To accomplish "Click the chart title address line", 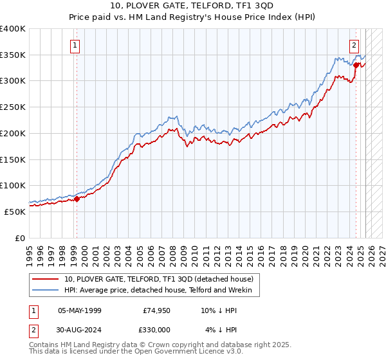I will [192, 6].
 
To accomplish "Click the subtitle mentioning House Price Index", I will [192, 17].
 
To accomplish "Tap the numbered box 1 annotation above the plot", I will [76, 45].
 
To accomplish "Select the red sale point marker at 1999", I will [77, 199].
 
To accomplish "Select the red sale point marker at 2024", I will [356, 64].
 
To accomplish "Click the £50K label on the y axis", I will [15, 212].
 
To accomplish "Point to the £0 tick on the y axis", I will [19, 238].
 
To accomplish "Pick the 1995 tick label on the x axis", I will [30, 251].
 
